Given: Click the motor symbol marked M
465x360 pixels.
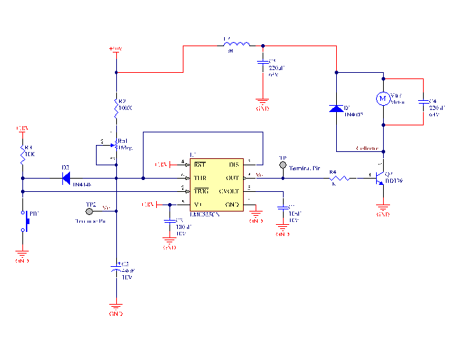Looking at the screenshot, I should (x=383, y=98).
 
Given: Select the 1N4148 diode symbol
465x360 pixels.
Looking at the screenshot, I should (x=66, y=179).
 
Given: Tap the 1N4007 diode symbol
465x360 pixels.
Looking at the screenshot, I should (x=337, y=109).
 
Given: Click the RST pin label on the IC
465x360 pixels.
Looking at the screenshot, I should (x=200, y=165).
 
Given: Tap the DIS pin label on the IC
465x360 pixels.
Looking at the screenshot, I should (x=233, y=165).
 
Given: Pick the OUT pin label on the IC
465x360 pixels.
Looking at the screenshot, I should (x=232, y=178).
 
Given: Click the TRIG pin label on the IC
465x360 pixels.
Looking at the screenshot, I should (x=201, y=191).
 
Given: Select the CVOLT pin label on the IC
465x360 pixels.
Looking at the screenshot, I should (x=229, y=191).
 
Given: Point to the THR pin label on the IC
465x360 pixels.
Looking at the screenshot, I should (x=200, y=178).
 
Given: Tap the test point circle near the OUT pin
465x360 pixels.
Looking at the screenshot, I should (x=283, y=166).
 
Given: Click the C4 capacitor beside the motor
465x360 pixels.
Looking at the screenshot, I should (x=424, y=102).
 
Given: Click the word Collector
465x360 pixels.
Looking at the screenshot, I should (x=367, y=148).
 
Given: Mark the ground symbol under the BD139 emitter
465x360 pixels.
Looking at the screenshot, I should (x=382, y=207).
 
